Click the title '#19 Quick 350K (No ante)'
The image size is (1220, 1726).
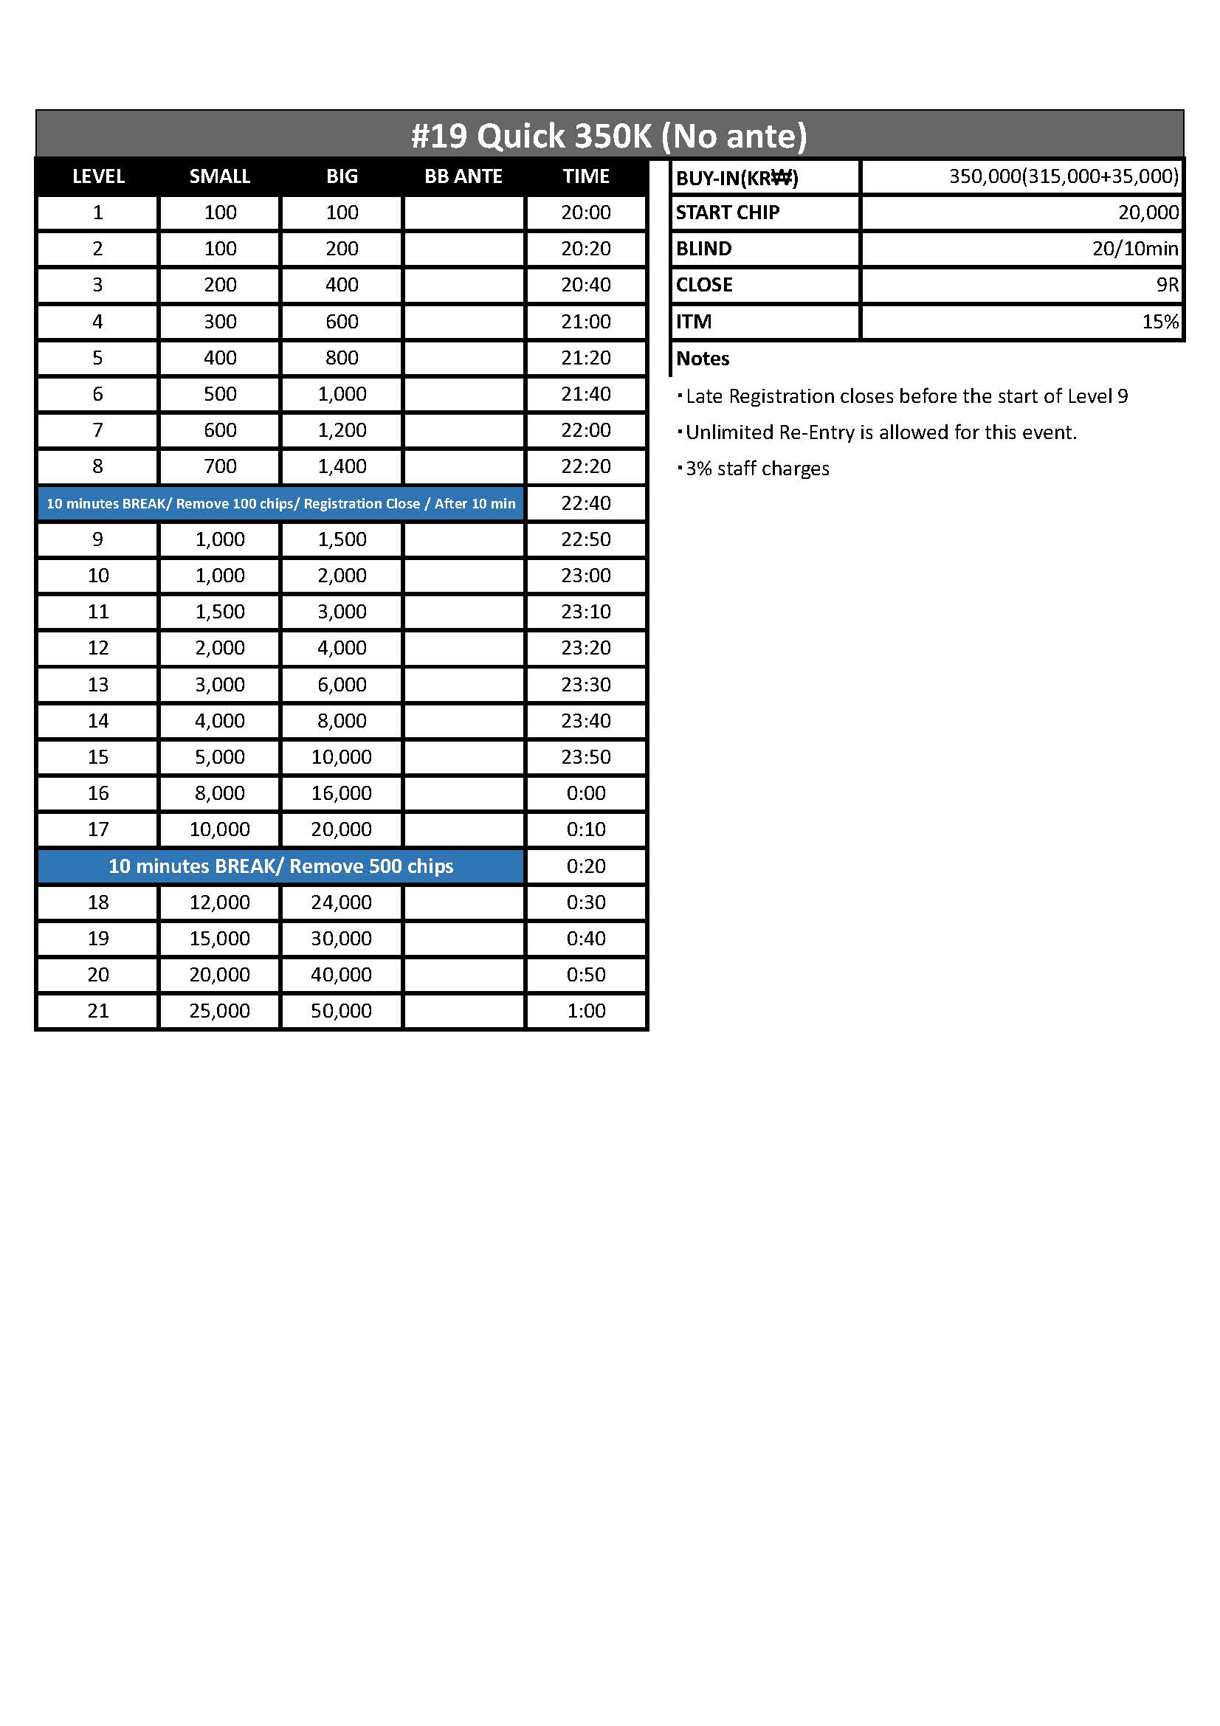click(609, 136)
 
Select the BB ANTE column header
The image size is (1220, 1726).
click(463, 176)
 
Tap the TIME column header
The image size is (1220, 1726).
click(585, 176)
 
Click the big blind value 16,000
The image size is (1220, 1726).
click(341, 793)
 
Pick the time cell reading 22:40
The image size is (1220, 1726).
click(585, 503)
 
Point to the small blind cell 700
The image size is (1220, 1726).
click(219, 466)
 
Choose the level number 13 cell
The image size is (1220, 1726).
click(97, 684)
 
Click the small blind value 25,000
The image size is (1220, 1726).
click(219, 1010)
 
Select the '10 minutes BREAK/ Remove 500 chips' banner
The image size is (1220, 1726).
click(280, 866)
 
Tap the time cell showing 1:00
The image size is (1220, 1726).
click(585, 1010)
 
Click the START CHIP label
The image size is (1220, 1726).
click(727, 213)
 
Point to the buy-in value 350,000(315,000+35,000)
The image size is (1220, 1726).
click(1063, 176)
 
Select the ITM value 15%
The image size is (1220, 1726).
click(1160, 322)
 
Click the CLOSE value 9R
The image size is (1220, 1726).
click(1167, 285)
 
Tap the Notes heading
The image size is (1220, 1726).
click(702, 359)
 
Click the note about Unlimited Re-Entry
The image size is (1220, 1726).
click(880, 432)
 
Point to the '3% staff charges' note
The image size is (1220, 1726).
click(757, 469)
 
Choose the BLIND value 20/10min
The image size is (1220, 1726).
click(1134, 249)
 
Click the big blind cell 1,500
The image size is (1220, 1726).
click(341, 539)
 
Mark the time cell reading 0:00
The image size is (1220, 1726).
click(585, 793)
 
